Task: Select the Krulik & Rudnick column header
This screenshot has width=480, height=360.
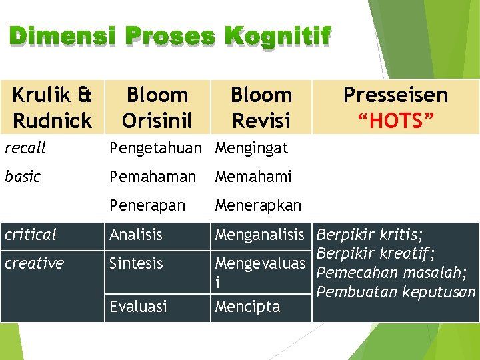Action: [x=52, y=107]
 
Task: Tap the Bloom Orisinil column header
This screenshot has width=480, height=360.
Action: [x=157, y=107]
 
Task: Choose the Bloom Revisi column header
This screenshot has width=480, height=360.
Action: [x=261, y=107]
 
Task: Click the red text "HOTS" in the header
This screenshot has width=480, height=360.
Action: [x=395, y=121]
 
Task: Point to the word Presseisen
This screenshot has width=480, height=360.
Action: [x=395, y=95]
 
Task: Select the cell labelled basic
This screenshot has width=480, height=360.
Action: [x=23, y=177]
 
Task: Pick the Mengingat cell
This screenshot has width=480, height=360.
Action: [x=251, y=147]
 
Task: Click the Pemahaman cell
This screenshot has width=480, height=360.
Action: [x=153, y=177]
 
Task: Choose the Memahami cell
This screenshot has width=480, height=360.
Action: [x=253, y=177]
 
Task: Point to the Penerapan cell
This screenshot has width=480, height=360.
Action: [x=147, y=205]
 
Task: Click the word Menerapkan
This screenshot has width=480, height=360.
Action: [x=258, y=205]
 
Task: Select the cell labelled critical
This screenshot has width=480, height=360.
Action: [x=31, y=235]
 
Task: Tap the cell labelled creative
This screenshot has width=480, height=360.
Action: [x=34, y=263]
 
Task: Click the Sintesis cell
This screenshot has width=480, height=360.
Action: [x=136, y=263]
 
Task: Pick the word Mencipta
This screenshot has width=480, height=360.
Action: [x=247, y=307]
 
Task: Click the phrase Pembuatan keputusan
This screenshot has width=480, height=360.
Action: [x=396, y=292]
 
